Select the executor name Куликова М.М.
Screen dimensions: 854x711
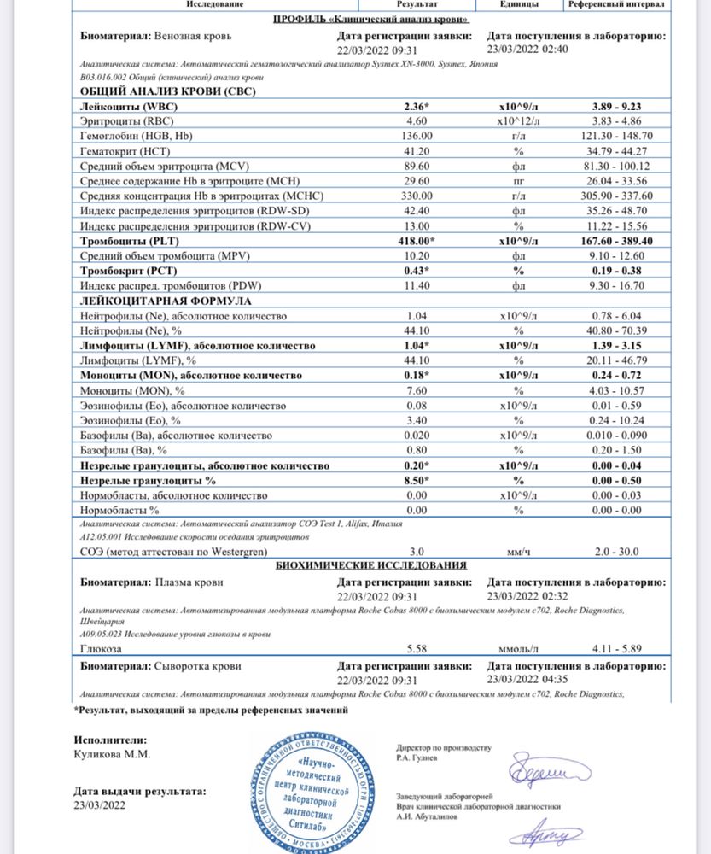(x=112, y=755)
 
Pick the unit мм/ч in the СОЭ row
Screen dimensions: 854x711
(x=519, y=552)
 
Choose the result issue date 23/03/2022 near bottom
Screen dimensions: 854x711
(x=99, y=805)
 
